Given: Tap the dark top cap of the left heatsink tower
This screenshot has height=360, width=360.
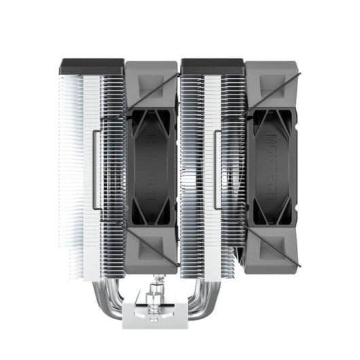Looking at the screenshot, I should pyautogui.click(x=92, y=66).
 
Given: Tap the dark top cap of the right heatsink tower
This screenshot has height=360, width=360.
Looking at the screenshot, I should pyautogui.click(x=212, y=66).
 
